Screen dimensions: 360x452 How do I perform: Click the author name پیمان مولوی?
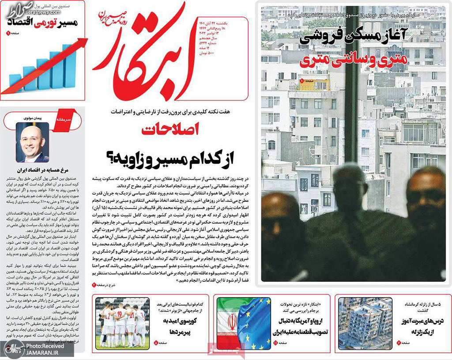click(x=32, y=118)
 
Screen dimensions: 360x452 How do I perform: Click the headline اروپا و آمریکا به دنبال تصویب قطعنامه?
click(x=295, y=326)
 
